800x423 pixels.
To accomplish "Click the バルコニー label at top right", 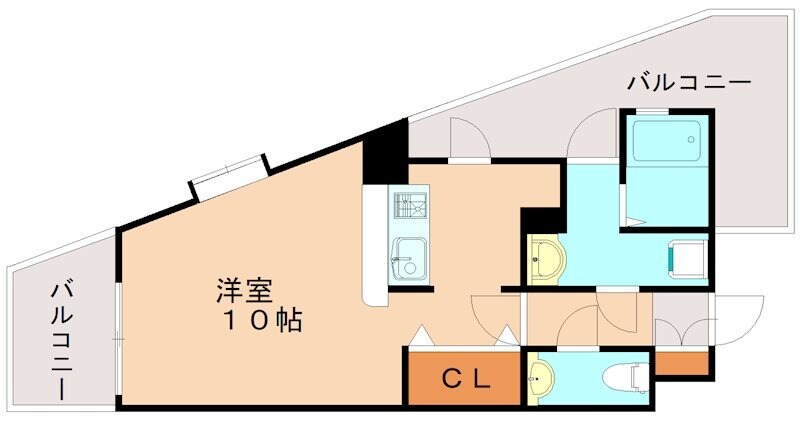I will pos(689,84).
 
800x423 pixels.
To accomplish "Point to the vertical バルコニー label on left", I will pos(63,340).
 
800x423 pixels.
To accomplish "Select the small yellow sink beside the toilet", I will pos(541,379).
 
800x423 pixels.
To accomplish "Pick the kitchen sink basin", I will pos(408,259).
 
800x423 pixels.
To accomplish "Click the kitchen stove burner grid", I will pos(409,206).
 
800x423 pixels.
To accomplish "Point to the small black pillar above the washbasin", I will pos(540,219).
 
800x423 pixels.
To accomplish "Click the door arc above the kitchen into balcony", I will pos(468,138).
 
